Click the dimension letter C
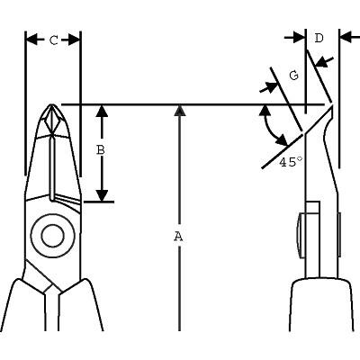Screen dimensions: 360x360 (x=54, y=40)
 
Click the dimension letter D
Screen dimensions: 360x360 (x=319, y=38)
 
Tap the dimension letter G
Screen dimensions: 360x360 (x=294, y=76)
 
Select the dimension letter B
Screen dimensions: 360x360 (x=101, y=150)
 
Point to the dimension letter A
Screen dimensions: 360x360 (x=178, y=237)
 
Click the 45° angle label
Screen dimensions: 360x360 (x=291, y=162)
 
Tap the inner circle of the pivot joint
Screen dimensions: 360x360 (x=53, y=236)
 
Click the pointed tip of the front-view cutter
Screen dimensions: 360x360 (x=52, y=104)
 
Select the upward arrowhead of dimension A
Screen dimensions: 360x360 (x=179, y=111)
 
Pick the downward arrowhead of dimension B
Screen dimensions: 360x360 (x=103, y=195)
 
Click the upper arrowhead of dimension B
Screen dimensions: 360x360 (x=103, y=111)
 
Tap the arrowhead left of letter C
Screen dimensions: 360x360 (x=32, y=40)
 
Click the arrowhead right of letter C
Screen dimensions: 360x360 (x=75, y=40)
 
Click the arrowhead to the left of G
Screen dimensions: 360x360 (x=271, y=87)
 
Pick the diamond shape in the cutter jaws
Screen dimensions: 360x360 (x=52, y=121)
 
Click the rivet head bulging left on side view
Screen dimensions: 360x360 (x=301, y=236)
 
